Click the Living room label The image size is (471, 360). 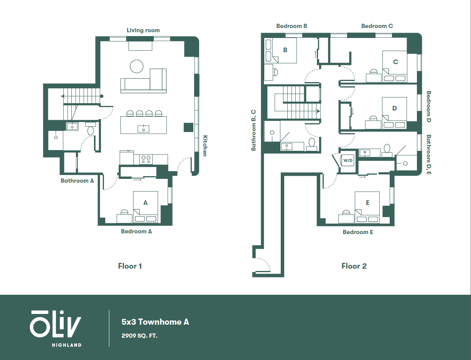click(x=143, y=30)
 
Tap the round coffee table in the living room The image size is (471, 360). click(x=137, y=66)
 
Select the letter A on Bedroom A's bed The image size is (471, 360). click(x=145, y=203)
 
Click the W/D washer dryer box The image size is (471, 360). click(x=348, y=160)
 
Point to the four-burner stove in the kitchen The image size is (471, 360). click(x=146, y=159)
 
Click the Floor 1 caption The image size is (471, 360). click(x=130, y=266)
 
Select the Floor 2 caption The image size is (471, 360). click(x=354, y=266)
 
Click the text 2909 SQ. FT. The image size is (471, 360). click(x=140, y=336)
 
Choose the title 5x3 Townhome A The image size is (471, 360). click(x=155, y=322)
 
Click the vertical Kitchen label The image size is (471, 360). click(x=205, y=146)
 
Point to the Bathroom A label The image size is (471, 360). click(x=77, y=180)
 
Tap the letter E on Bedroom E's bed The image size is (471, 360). click(x=368, y=203)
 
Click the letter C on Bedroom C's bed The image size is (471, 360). click(x=396, y=62)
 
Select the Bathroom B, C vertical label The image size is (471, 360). click(x=254, y=130)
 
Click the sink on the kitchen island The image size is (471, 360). click(x=143, y=129)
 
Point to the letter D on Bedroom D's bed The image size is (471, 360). click(x=395, y=108)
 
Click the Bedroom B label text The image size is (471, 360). click(x=291, y=26)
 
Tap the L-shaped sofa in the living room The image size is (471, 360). click(x=144, y=82)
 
